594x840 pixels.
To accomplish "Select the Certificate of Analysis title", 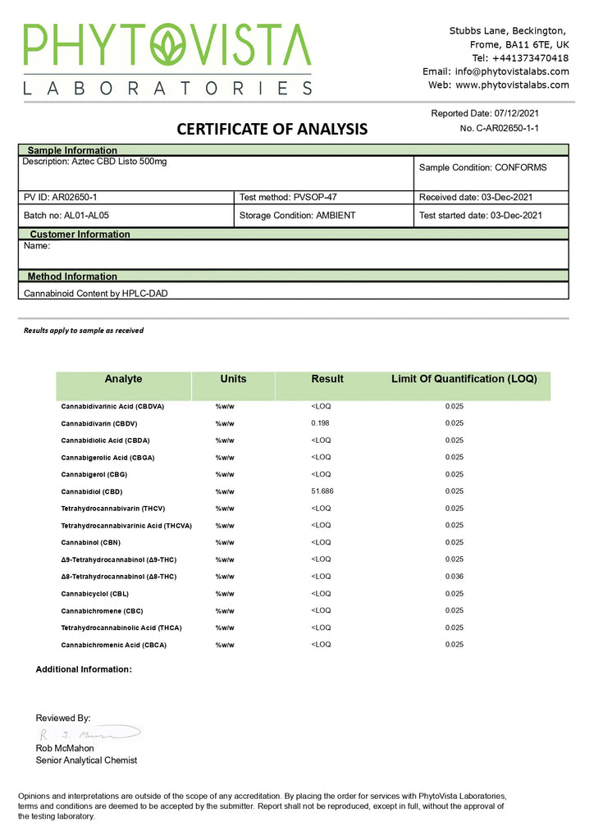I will coord(272,129).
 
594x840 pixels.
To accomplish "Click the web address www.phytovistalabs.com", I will coord(509,84).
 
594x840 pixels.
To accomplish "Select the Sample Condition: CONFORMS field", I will coord(482,167).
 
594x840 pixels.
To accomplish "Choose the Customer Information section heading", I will coord(80,234).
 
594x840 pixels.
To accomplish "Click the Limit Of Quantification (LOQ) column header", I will coord(464,379).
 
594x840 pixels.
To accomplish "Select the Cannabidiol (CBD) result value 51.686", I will coord(322,491).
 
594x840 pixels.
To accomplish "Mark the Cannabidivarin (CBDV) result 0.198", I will coord(320,423).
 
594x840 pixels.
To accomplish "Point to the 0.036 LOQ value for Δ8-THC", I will coord(455,577).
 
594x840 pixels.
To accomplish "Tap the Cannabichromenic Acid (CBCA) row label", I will coord(113,645).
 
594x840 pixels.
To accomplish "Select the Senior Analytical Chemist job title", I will coord(86,760).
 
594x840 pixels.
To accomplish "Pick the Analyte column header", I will coord(123,379).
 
